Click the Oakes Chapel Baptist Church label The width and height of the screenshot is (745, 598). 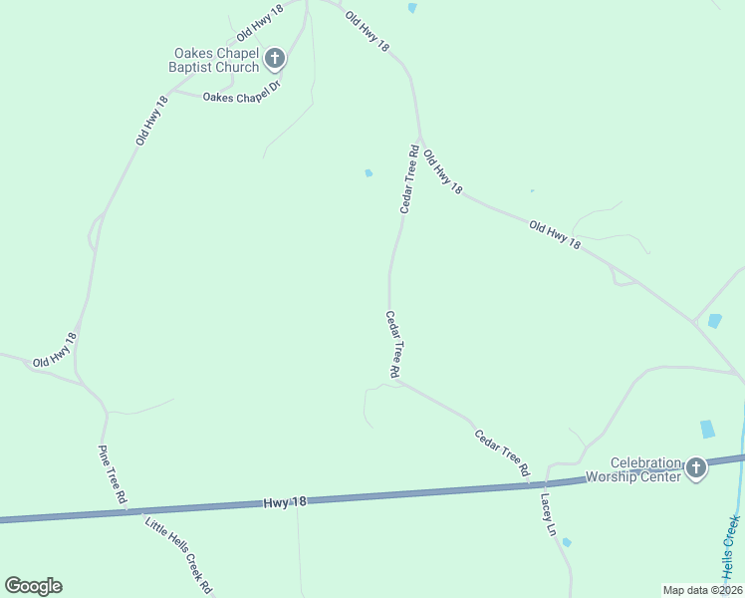tap(216, 60)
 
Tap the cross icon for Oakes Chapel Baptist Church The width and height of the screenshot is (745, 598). tap(275, 60)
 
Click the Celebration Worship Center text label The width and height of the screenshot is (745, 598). tap(645, 469)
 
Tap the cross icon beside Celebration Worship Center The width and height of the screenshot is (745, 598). tap(695, 467)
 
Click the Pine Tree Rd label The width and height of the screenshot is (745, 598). tap(113, 473)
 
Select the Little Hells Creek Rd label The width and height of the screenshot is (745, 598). tap(179, 554)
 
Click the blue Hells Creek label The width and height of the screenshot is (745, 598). tap(733, 545)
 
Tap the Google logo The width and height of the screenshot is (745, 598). tap(33, 586)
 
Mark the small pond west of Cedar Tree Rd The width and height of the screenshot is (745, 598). tap(369, 173)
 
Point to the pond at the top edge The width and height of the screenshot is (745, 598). tap(412, 8)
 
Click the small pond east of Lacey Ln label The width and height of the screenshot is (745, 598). tap(566, 542)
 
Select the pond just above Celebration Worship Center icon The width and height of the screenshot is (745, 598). tap(707, 429)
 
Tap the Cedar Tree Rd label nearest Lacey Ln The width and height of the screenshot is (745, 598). tap(501, 450)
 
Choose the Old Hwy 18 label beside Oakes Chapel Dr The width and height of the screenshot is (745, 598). tap(151, 121)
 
